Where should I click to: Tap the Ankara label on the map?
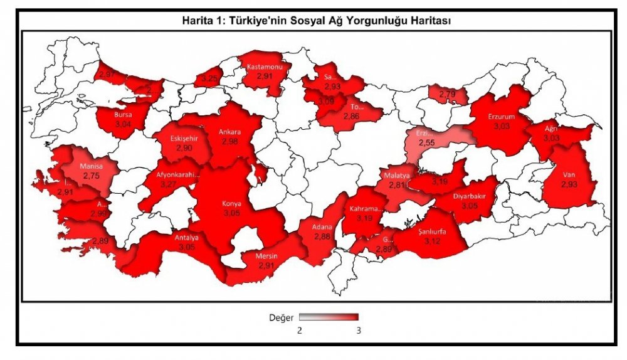(229, 132)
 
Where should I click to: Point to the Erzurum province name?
(502, 117)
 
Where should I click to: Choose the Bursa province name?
(123, 115)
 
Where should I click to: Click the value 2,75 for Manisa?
(92, 177)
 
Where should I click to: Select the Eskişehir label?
(185, 138)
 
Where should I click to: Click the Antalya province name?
(187, 238)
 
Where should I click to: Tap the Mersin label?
(267, 257)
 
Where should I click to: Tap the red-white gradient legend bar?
(328, 317)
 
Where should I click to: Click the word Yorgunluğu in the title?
(361, 20)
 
